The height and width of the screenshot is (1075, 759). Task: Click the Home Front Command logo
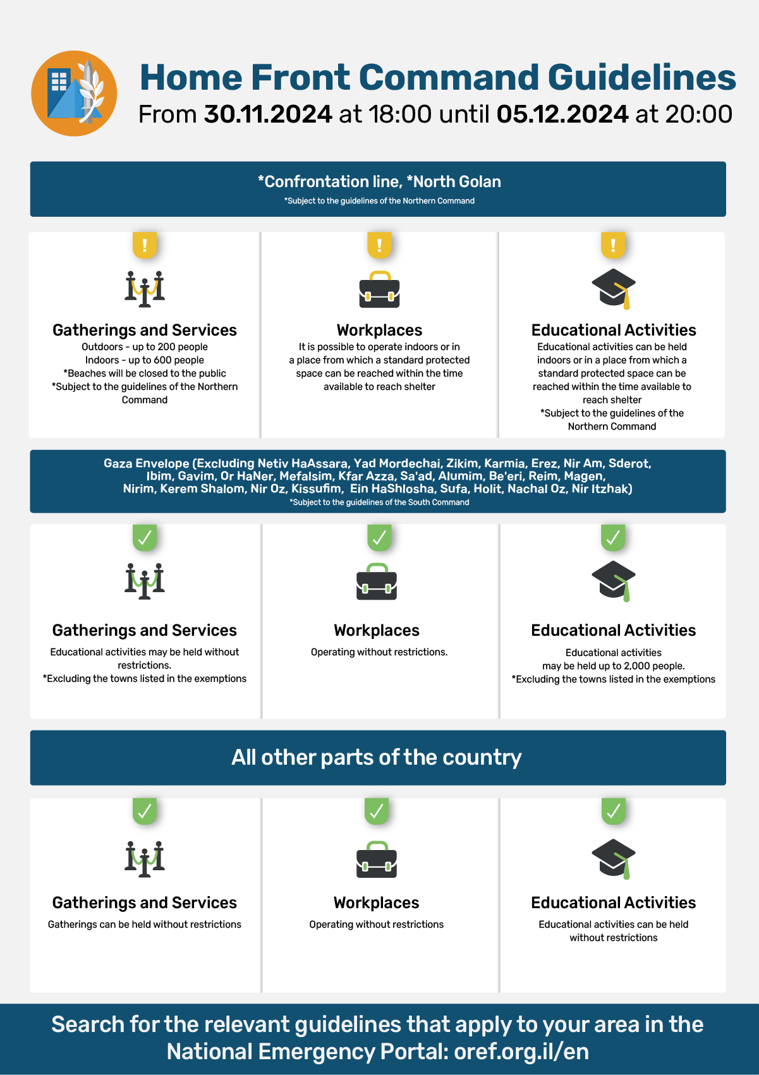pyautogui.click(x=74, y=94)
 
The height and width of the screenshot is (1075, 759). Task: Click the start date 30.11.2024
pyautogui.click(x=268, y=114)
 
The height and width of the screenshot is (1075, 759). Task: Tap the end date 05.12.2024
pyautogui.click(x=562, y=114)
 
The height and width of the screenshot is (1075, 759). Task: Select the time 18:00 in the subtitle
pyautogui.click(x=400, y=114)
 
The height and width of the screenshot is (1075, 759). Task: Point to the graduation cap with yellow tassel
pyautogui.click(x=614, y=289)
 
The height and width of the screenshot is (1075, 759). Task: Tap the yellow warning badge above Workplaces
pyautogui.click(x=379, y=245)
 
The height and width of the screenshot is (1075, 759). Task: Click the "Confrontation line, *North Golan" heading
pyautogui.click(x=379, y=182)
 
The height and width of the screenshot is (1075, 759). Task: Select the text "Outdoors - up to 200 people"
pyautogui.click(x=145, y=347)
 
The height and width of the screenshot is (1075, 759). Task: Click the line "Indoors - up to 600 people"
pyautogui.click(x=145, y=360)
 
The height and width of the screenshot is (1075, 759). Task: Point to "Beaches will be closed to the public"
pyautogui.click(x=147, y=374)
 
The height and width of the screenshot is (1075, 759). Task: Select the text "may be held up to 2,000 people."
pyautogui.click(x=613, y=666)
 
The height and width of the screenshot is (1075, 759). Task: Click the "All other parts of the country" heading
pyautogui.click(x=377, y=757)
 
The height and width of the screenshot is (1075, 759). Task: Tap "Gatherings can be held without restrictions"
pyautogui.click(x=145, y=925)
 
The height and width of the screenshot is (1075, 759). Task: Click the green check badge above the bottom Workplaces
pyautogui.click(x=377, y=811)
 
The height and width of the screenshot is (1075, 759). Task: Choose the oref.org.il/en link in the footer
pyautogui.click(x=521, y=1052)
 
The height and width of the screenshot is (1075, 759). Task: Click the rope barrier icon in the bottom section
pyautogui.click(x=145, y=859)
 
